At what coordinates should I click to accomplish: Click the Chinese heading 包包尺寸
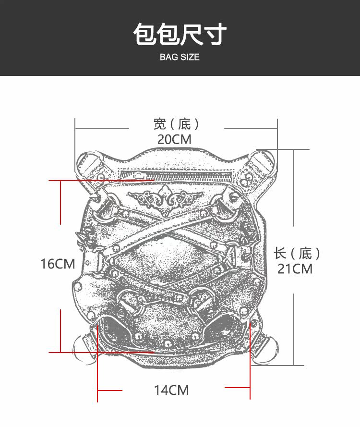(x=180, y=34)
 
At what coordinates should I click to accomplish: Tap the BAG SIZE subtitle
(x=180, y=57)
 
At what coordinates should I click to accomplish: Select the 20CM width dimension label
(x=174, y=139)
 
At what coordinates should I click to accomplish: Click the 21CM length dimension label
(x=295, y=269)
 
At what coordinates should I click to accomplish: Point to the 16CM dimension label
(x=58, y=264)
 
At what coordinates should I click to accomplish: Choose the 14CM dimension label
(x=171, y=390)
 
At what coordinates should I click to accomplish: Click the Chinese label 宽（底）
(x=176, y=124)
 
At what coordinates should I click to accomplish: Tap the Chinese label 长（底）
(x=297, y=254)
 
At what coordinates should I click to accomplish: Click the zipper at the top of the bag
(x=176, y=174)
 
